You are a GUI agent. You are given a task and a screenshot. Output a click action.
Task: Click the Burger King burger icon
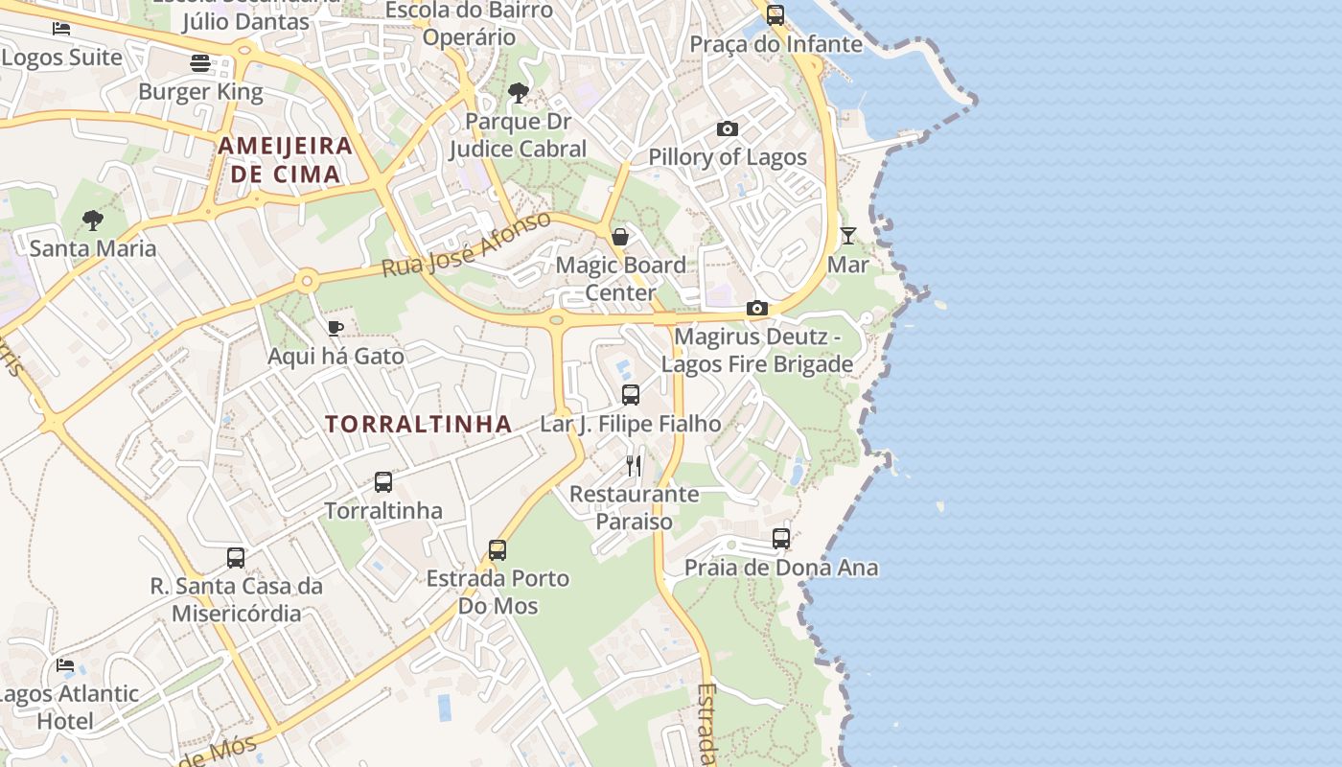[200, 63]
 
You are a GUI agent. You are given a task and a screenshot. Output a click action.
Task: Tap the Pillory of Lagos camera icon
[728, 128]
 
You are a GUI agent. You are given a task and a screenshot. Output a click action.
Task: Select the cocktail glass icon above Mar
[848, 235]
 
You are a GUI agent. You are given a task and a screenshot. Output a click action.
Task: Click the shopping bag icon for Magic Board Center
[620, 236]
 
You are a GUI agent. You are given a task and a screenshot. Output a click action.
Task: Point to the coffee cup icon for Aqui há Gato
[335, 328]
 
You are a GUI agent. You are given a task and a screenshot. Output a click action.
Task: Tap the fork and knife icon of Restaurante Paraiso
[634, 465]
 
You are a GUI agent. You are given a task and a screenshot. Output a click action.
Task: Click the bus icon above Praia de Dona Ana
[781, 539]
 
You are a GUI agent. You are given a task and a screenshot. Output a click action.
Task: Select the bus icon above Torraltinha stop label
[383, 481]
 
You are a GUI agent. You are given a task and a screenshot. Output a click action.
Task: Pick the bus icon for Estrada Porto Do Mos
[497, 549]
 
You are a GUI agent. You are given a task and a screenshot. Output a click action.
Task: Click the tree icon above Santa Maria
[92, 221]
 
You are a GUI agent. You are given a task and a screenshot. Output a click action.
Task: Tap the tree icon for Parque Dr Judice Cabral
[518, 93]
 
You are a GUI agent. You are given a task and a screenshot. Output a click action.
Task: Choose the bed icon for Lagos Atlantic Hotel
[65, 664]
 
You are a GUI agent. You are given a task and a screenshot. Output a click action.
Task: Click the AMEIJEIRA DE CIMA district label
[286, 160]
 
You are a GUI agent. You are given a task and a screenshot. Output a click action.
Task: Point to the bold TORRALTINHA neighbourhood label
[418, 424]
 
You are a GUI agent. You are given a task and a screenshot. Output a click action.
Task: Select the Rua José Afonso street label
[467, 244]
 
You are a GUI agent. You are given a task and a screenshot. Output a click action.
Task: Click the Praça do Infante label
[776, 44]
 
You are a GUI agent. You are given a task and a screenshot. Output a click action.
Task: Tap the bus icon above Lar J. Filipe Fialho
[631, 394]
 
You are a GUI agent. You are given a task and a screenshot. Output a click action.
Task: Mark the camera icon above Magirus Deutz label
[757, 308]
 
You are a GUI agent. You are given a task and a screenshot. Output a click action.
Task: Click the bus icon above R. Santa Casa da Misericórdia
[236, 557]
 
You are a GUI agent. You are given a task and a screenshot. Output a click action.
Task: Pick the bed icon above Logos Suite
[61, 28]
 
